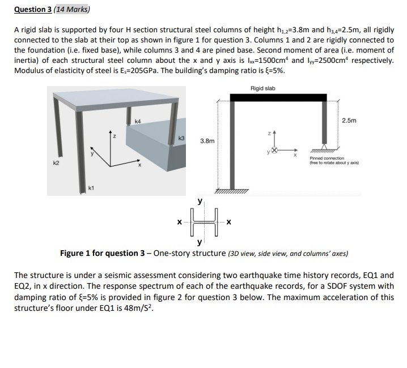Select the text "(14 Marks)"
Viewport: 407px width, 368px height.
77,9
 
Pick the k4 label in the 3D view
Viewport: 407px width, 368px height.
138,120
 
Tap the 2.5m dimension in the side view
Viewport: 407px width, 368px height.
350,120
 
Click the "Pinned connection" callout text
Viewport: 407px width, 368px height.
327,158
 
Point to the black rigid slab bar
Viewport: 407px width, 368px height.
278,97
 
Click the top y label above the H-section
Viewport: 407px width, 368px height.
199,201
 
